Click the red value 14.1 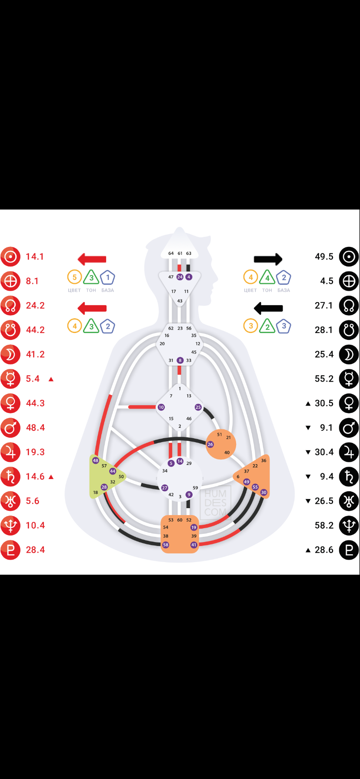[x=35, y=256]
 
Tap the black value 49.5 [x=324, y=256]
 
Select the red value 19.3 [x=35, y=452]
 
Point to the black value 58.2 [x=324, y=525]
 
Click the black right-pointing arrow [x=268, y=260]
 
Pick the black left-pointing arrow [x=268, y=308]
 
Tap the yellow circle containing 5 [x=74, y=277]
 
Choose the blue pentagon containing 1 [x=108, y=277]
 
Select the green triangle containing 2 [x=267, y=326]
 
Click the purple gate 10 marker [x=161, y=407]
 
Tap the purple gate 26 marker [x=210, y=444]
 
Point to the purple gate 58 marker [x=166, y=545]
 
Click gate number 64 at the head [x=171, y=253]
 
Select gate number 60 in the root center [x=180, y=520]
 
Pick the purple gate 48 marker [x=96, y=460]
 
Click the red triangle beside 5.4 [x=51, y=379]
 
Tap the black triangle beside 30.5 [x=308, y=403]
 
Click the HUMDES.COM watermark [x=215, y=503]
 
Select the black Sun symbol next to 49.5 [x=349, y=256]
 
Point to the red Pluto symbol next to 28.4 [x=10, y=550]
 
